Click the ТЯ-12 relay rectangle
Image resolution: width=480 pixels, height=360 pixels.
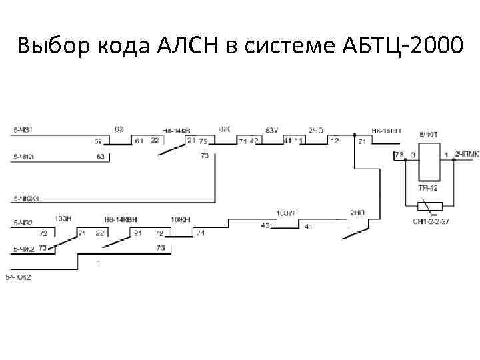(427, 161)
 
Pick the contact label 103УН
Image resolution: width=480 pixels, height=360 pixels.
(287, 213)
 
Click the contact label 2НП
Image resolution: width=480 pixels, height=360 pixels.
(357, 213)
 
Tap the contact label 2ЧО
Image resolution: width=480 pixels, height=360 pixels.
(315, 130)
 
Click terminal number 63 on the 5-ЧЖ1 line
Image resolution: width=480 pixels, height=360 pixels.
(101, 157)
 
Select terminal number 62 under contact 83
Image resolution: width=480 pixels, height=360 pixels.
(98, 141)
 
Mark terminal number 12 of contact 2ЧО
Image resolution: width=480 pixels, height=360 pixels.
(334, 141)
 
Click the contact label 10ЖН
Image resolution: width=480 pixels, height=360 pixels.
(180, 219)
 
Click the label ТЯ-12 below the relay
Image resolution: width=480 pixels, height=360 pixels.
(427, 189)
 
